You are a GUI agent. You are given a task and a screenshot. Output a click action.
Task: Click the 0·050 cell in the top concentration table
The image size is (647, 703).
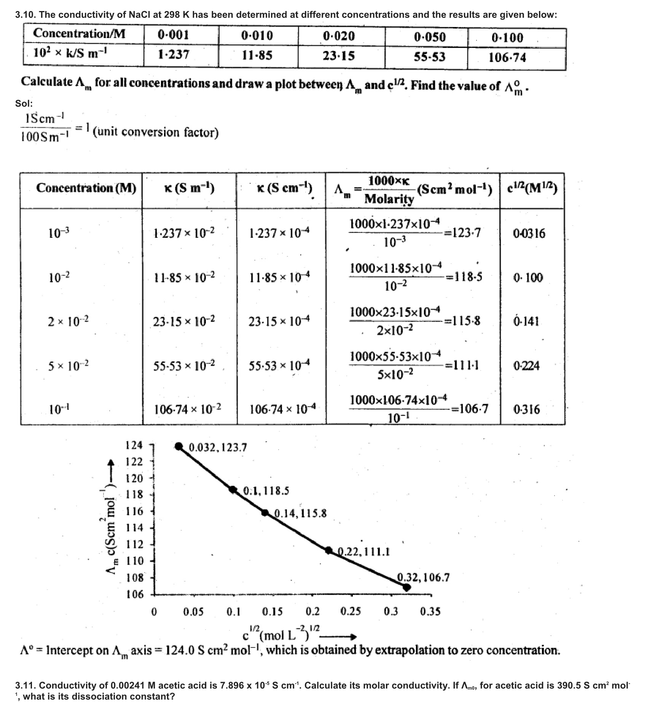(429, 37)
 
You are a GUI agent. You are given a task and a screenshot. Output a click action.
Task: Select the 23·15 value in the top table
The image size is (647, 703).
(338, 56)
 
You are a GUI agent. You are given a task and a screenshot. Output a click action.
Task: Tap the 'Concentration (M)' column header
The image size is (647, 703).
(86, 188)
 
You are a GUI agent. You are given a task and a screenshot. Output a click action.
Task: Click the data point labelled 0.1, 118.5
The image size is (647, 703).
(233, 489)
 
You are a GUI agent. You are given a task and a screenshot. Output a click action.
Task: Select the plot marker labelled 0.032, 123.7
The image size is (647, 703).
(178, 446)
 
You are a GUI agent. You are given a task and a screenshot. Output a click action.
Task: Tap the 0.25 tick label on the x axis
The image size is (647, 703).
(351, 612)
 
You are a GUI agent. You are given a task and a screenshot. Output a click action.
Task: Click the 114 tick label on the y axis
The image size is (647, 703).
(134, 528)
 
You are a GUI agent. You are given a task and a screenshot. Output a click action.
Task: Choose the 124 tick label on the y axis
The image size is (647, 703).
(134, 445)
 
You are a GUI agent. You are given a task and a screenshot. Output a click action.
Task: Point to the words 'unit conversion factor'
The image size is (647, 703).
(156, 132)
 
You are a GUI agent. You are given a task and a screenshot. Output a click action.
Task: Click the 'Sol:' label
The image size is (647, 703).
(24, 103)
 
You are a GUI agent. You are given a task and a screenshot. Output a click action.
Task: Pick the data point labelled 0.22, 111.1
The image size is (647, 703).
(329, 550)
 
